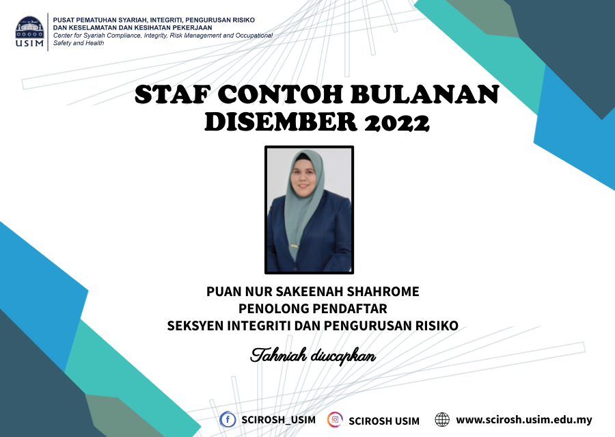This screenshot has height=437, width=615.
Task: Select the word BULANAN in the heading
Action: [424, 94]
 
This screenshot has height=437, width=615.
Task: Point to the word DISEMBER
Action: [280, 122]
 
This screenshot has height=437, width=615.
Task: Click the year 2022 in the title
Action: [397, 122]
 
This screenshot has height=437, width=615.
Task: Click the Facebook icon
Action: [228, 419]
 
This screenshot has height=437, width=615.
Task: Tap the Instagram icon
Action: [335, 419]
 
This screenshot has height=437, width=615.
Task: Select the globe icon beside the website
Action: [442, 419]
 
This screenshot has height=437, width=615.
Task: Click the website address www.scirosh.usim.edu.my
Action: [524, 420]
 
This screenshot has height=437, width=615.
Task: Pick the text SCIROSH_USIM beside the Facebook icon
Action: [279, 420]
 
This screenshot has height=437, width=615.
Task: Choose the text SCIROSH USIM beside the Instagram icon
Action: [384, 421]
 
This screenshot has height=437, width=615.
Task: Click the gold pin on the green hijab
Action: [294, 246]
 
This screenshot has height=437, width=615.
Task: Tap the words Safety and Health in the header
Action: [79, 43]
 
